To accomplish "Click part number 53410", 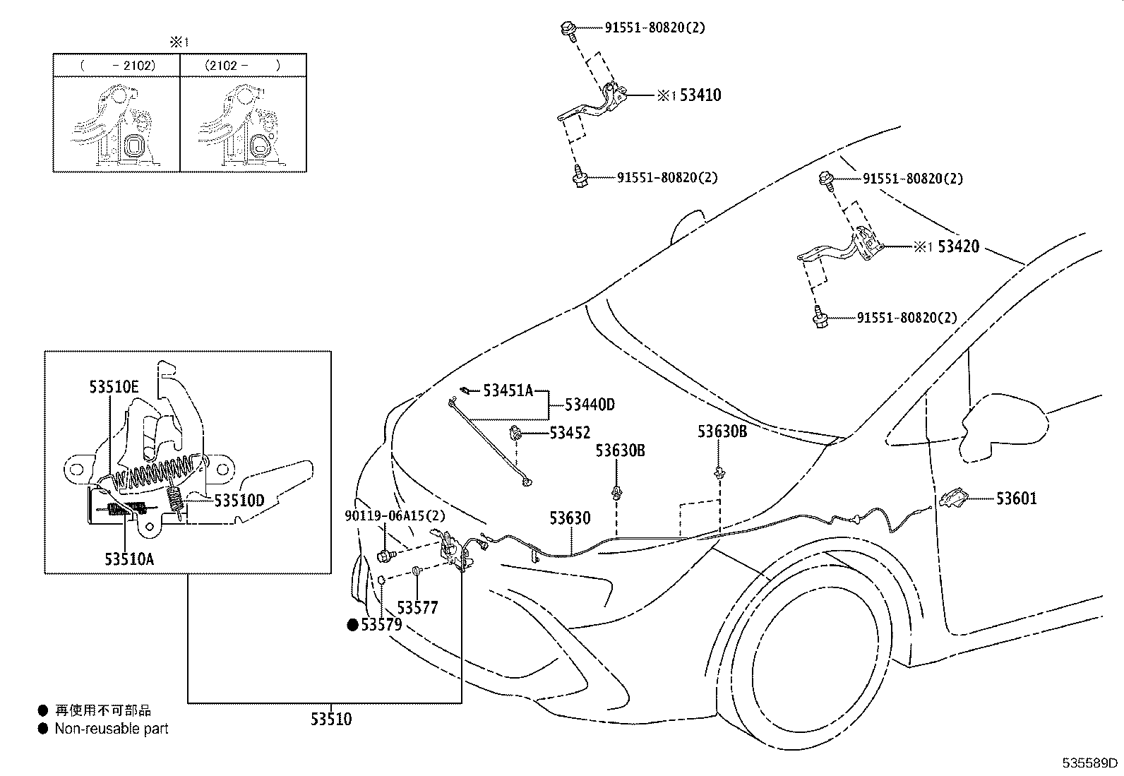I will tap(700, 95).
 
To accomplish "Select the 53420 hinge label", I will tap(958, 247).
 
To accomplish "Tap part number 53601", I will tap(1016, 499).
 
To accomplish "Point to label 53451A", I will tap(508, 390).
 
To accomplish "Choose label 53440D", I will tap(590, 405).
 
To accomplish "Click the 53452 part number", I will tap(570, 433).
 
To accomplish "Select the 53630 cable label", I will tap(570, 518).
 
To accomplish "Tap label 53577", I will tap(417, 607).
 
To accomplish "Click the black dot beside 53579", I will tap(352, 624).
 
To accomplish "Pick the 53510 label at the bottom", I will tap(330, 720).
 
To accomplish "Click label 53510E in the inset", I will tap(114, 386).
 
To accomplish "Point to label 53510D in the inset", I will tap(239, 501).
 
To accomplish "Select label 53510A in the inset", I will tap(129, 559).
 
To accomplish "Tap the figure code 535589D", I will tap(1091, 763).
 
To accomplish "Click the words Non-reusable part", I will tap(112, 729).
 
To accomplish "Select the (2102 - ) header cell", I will tap(243, 66).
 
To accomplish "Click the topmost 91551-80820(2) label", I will tap(654, 28).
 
